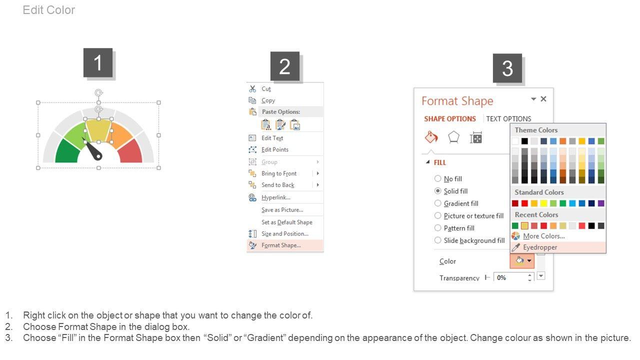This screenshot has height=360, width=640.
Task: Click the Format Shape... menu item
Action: coord(281,245)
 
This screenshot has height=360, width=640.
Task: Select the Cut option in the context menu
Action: coord(266,89)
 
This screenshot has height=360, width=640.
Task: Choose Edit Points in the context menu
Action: coord(275,149)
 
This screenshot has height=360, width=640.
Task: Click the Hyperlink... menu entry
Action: coord(275,197)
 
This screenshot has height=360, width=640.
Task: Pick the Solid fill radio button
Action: coord(437,191)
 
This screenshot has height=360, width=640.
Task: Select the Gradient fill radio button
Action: coord(437,203)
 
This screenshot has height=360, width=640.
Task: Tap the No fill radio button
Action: coord(437,178)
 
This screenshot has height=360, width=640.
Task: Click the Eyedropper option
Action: coord(539,247)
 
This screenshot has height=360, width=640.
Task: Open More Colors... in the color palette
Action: coord(543,236)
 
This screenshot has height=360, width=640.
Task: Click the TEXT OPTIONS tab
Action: coord(508,119)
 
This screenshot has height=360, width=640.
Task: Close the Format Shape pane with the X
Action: coord(543,99)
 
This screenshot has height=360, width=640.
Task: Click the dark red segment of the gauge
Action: coord(130,151)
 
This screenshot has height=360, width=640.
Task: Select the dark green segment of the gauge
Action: coord(67,151)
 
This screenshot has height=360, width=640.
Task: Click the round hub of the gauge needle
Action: coord(98,156)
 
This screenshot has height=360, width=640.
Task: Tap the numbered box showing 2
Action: coord(285,66)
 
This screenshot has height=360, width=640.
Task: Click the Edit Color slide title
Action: coord(49,10)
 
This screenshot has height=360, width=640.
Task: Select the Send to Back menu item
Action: coord(277,185)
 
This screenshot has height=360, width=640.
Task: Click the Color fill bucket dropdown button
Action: coord(522,261)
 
